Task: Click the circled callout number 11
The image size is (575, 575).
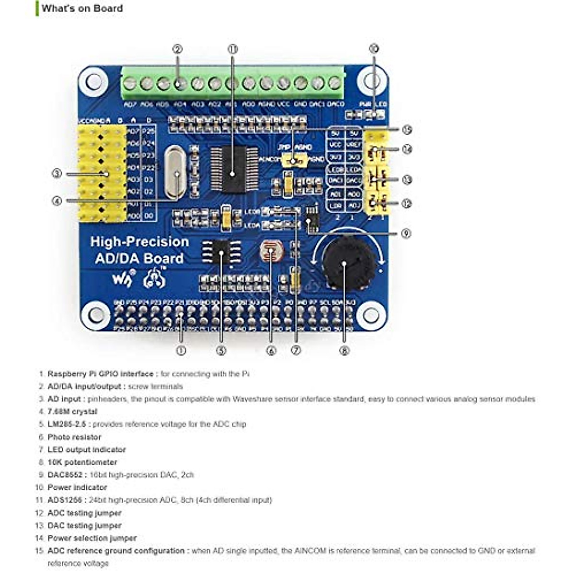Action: [x=233, y=49]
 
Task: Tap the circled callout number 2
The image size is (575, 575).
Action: [x=178, y=49]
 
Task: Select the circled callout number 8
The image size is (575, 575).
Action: [x=344, y=351]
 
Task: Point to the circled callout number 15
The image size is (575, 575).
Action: [x=407, y=129]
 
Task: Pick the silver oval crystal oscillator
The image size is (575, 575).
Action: [x=175, y=172]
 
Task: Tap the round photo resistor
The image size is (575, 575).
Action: [x=271, y=251]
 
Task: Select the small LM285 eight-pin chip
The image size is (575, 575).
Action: [x=221, y=252]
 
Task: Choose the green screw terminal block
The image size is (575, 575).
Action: [x=232, y=83]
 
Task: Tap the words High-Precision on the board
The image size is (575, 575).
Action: [x=139, y=241]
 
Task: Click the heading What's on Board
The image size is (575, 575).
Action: [x=82, y=8]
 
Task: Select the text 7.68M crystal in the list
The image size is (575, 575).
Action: [x=72, y=412]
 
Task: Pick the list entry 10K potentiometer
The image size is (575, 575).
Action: [x=82, y=462]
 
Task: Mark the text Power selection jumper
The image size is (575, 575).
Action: [x=92, y=538]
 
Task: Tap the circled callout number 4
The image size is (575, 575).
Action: [x=57, y=201]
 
